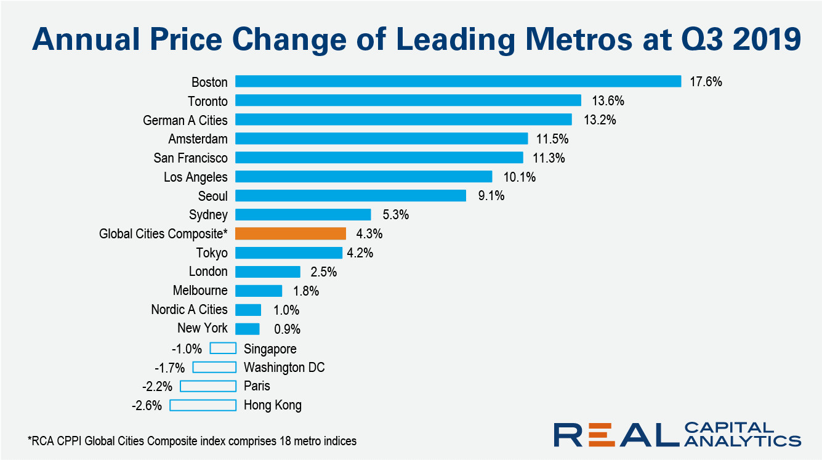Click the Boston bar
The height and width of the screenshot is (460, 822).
458,81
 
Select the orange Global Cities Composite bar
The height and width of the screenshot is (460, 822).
291,233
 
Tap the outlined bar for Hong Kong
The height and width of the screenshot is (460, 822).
203,405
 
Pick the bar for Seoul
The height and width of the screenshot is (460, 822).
350,195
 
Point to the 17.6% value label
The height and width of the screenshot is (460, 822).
706,82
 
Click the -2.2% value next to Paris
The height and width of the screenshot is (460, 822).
158,387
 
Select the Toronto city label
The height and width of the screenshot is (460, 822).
208,101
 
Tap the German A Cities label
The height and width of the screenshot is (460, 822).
185,120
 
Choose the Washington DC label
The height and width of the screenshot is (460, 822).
284,368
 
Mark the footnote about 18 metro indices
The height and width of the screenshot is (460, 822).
192,441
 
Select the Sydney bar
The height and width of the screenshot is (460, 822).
303,214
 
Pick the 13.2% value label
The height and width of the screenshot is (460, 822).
600,120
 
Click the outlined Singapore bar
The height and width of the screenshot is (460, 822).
223,349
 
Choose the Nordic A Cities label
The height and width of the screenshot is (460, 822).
189,310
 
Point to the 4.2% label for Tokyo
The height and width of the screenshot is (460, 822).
360,253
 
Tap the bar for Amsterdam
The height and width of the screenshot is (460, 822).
381,139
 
